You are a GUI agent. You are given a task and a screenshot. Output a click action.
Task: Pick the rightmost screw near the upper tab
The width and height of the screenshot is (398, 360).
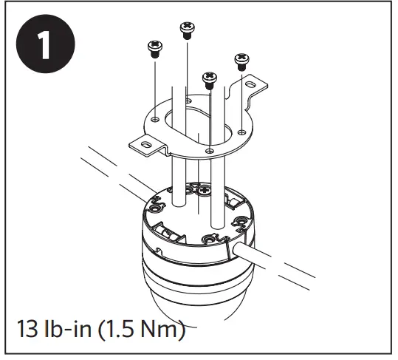(241, 61)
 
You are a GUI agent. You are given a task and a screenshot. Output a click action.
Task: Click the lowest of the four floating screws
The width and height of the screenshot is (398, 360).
(209, 78)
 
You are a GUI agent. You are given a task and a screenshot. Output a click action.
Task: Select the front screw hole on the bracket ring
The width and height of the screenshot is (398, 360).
(211, 151)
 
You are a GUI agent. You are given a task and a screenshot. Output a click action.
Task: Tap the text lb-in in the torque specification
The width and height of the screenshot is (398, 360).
(65, 327)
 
